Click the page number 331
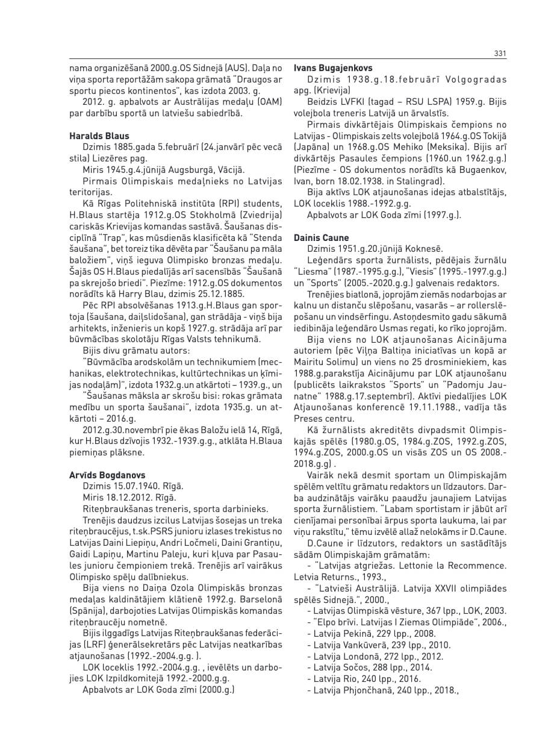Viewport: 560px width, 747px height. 499,54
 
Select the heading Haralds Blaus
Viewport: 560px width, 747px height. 99,136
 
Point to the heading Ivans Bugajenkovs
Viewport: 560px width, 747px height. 333,68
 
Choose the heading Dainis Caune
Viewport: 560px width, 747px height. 322,238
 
